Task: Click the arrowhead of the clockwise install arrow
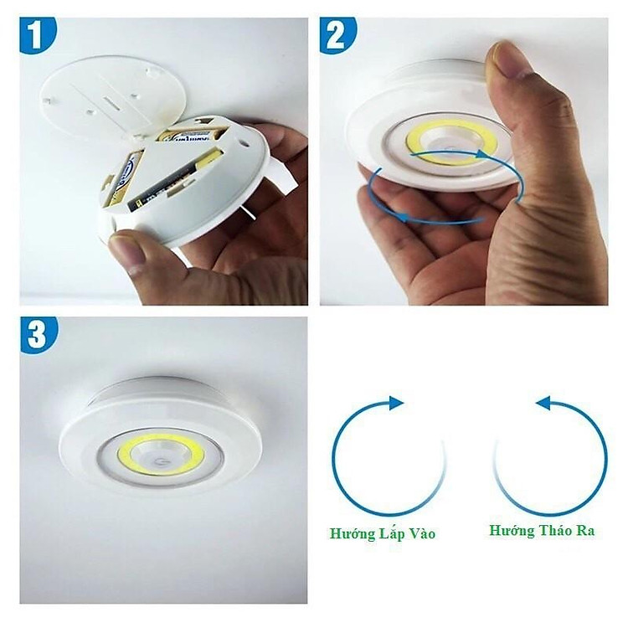click(x=395, y=404)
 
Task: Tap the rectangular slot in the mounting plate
click(x=117, y=100)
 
